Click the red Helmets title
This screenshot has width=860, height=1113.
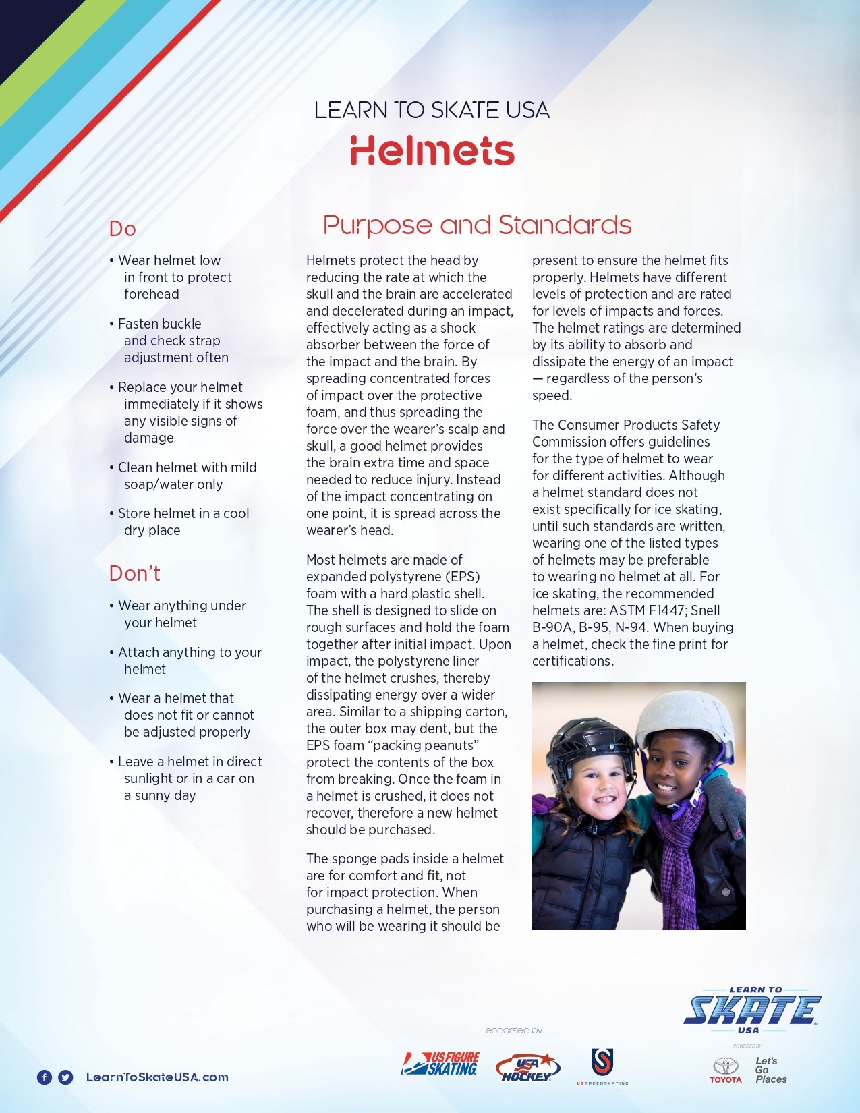432,150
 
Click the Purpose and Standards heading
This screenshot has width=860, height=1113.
477,225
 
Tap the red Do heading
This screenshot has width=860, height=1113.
123,229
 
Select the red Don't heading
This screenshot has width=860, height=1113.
134,573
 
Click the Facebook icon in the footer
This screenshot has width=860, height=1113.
44,1077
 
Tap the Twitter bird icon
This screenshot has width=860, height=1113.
65,1077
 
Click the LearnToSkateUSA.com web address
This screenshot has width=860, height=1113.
157,1077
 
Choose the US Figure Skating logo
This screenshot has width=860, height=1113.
440,1064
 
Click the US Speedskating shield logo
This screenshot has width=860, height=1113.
602,1062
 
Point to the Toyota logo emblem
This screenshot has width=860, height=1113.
726,1066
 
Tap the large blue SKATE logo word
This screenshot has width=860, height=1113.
751,1010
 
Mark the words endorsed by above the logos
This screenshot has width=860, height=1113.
513,1030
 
